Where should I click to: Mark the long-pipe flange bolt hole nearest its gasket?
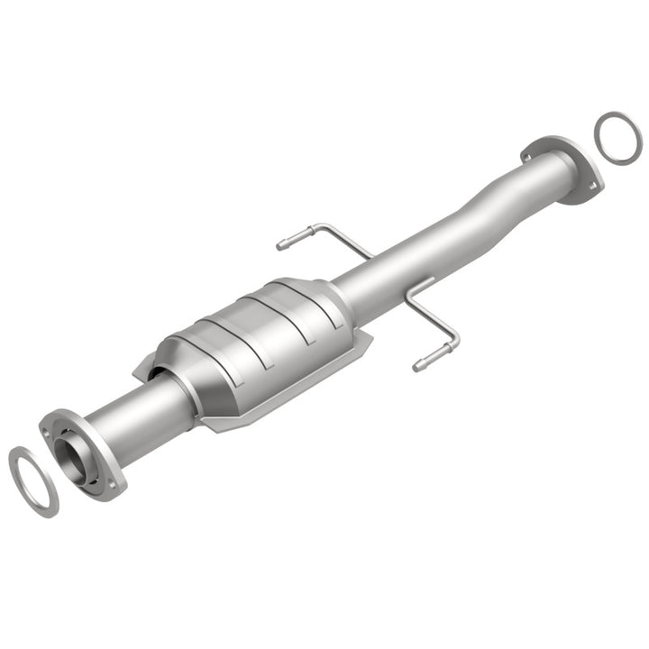tap(592, 187)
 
